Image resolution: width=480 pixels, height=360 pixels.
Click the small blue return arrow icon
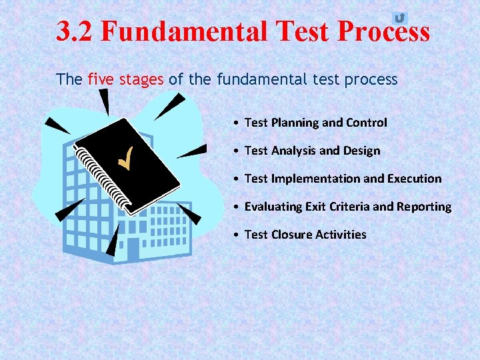pyautogui.click(x=399, y=18)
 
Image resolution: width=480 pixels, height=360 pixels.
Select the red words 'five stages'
pyautogui.click(x=125, y=80)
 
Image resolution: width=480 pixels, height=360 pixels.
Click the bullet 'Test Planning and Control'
pyautogui.click(x=315, y=123)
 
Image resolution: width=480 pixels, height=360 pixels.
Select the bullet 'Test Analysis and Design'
pyautogui.click(x=312, y=151)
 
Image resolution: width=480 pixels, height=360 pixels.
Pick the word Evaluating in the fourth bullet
pyautogui.click(x=273, y=207)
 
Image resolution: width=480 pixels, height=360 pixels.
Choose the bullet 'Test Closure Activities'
pyautogui.click(x=305, y=235)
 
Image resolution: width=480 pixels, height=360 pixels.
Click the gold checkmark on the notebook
pyautogui.click(x=124, y=159)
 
